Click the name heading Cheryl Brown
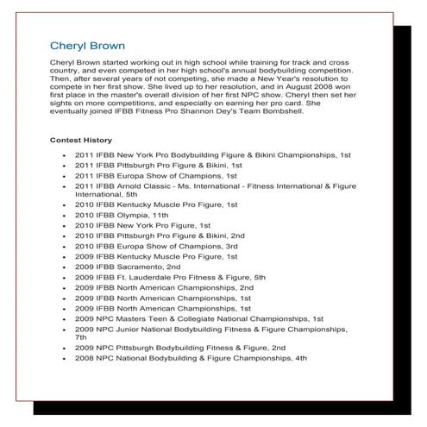coord(87,45)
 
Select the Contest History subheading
coord(80,140)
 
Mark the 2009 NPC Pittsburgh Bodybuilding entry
coord(180,348)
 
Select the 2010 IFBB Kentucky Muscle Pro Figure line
coord(156,204)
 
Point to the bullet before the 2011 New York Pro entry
coord(66,154)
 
